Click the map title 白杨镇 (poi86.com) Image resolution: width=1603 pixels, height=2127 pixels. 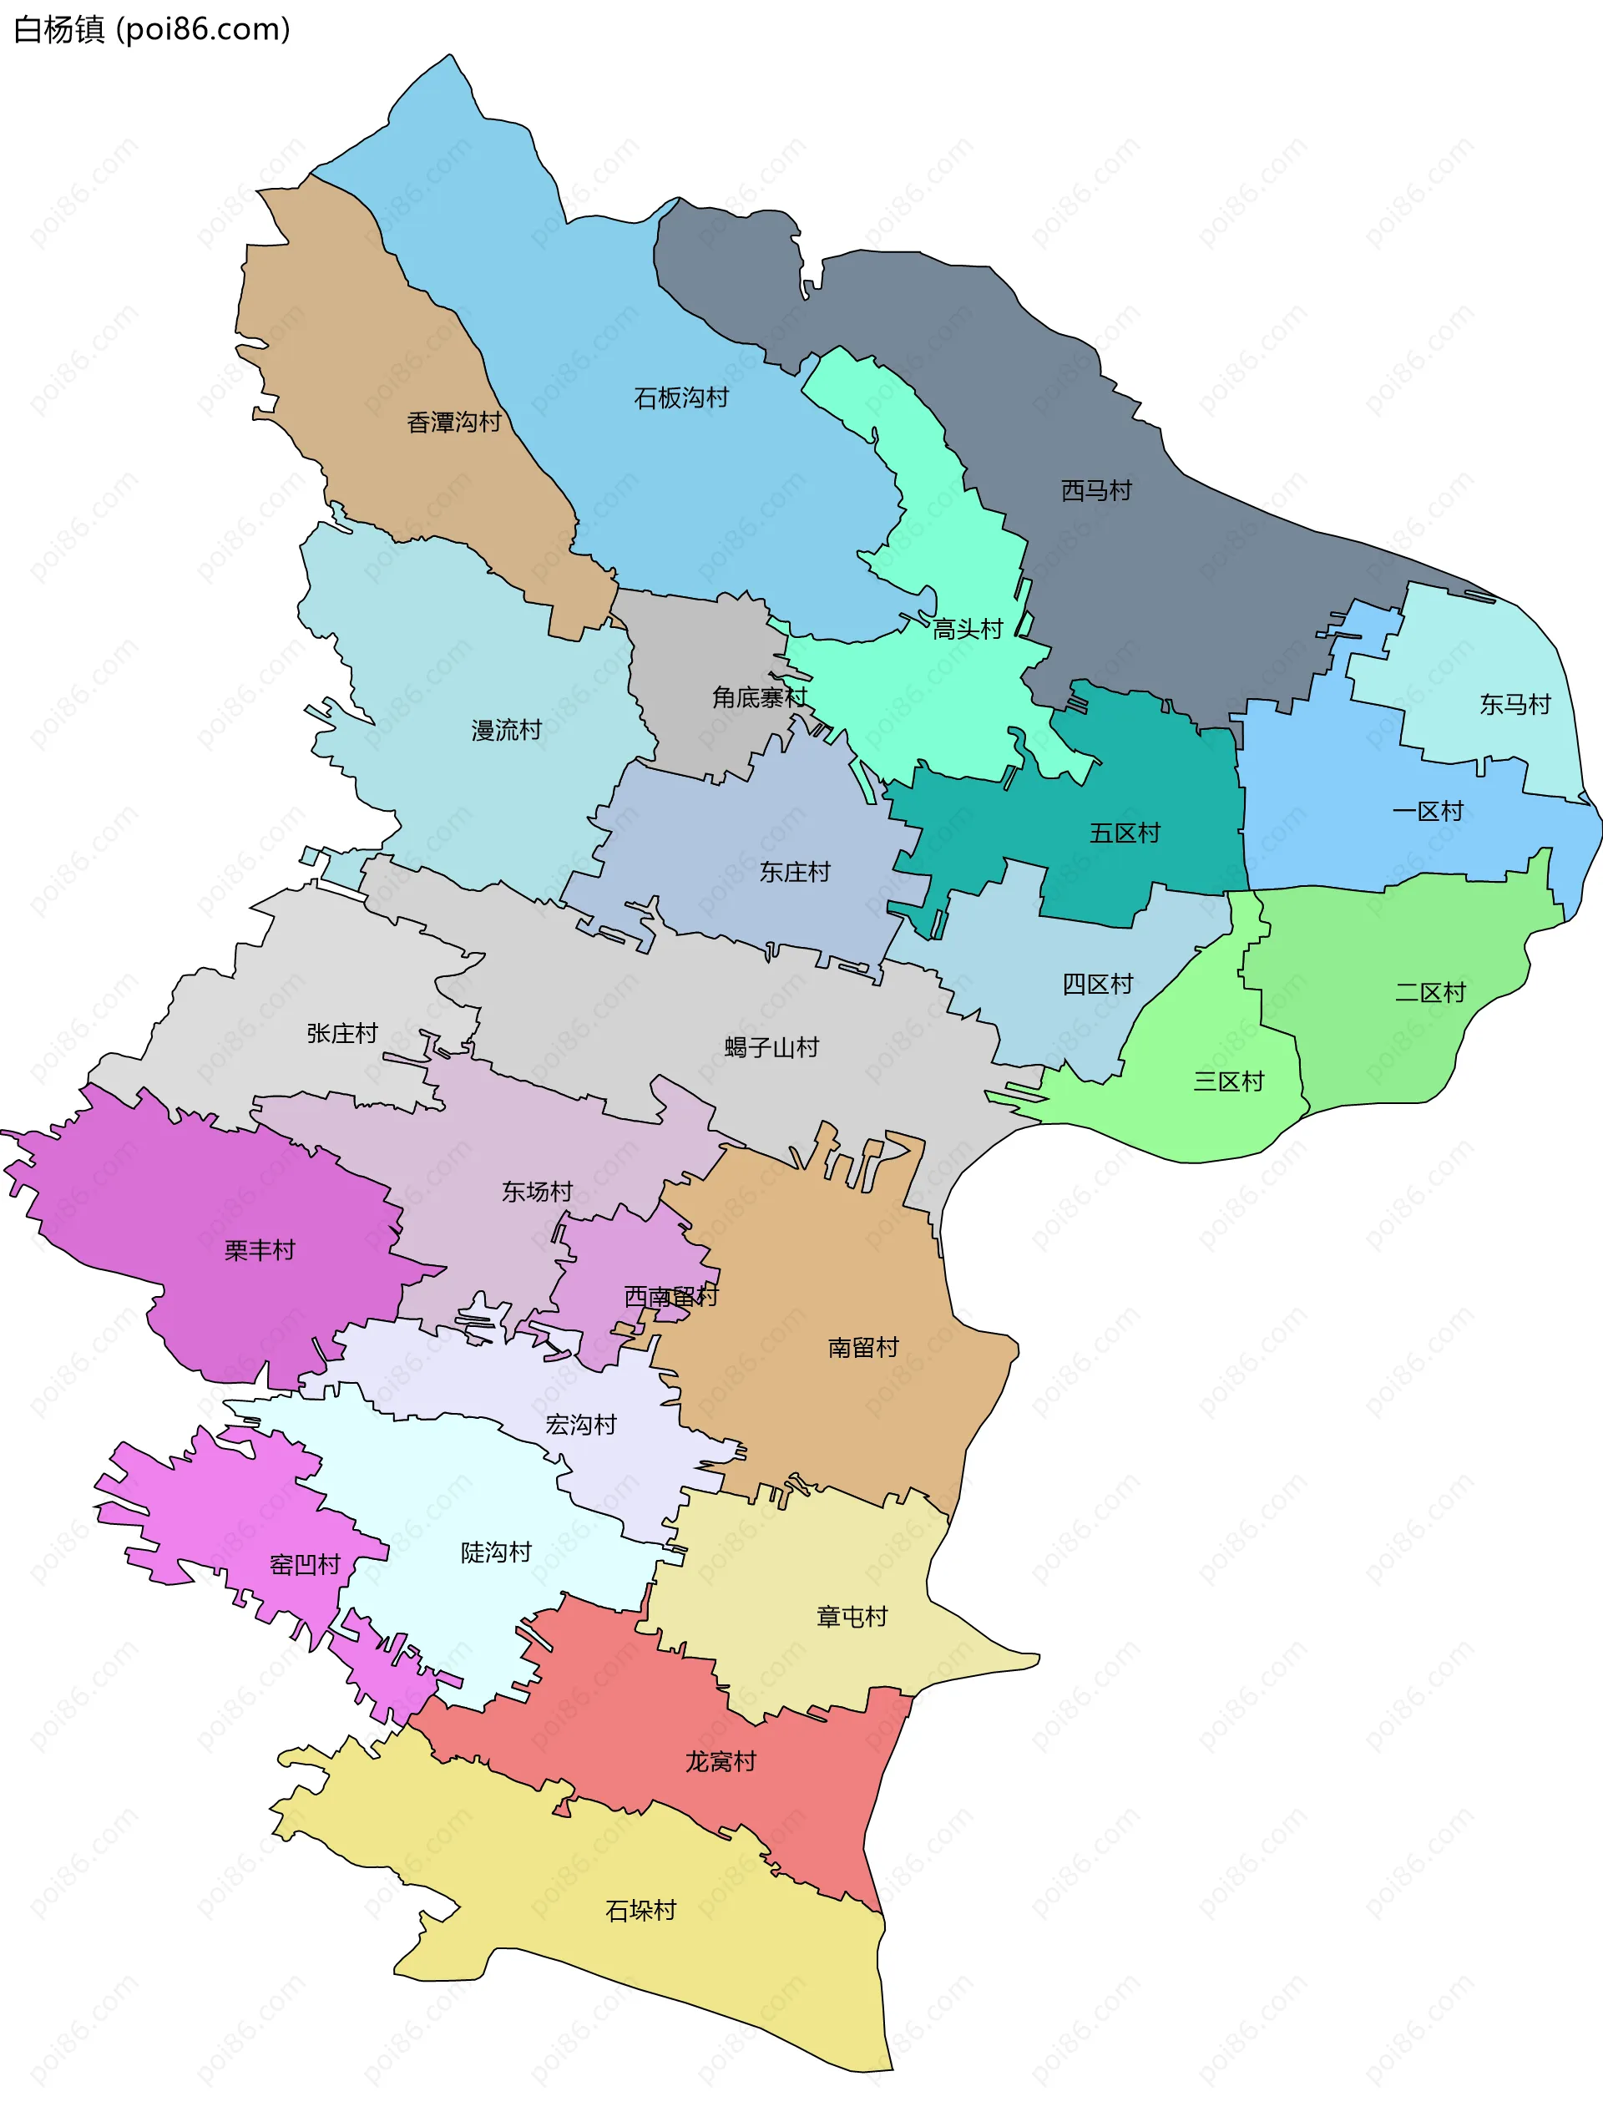click(151, 30)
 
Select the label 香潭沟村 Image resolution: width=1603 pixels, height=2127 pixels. click(454, 422)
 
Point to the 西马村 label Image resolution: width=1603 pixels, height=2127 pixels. click(1096, 490)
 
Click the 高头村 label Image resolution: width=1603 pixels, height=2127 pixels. click(968, 629)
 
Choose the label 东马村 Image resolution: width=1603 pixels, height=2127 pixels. click(1515, 705)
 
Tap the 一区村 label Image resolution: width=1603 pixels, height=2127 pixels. click(1427, 812)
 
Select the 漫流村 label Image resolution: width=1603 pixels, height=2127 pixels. click(506, 730)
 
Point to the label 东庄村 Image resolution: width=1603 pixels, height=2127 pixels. click(794, 872)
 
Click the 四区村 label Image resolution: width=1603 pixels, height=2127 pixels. click(1097, 984)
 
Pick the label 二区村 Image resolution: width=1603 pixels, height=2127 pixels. click(1430, 992)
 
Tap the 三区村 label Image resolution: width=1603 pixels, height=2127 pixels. click(1228, 1081)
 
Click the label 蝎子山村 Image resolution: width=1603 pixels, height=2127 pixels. click(771, 1047)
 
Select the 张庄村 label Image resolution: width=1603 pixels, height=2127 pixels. click(341, 1033)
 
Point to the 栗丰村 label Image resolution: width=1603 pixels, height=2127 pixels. click(259, 1250)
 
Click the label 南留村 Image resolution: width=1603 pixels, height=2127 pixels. click(862, 1347)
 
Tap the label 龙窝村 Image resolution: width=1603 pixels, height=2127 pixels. click(721, 1761)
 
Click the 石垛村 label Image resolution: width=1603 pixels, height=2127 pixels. click(640, 1911)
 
